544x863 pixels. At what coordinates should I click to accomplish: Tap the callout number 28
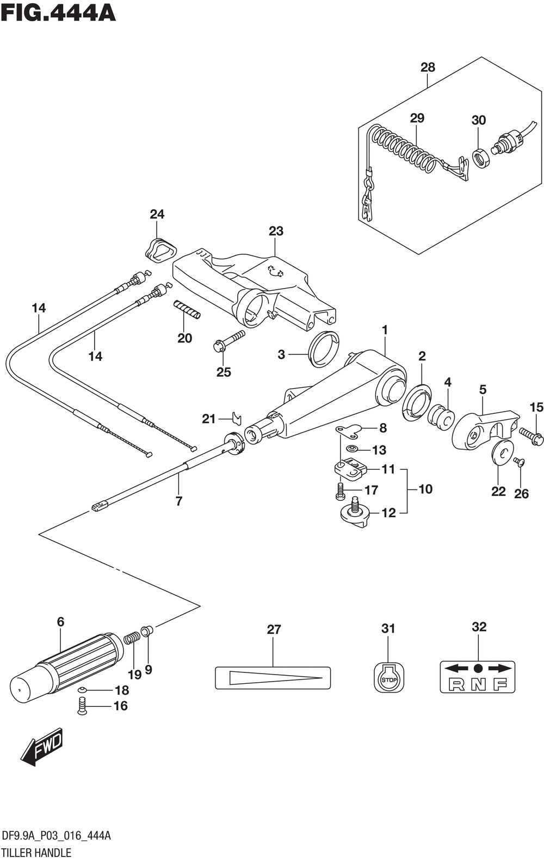click(428, 68)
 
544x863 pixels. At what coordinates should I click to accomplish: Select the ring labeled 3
click(323, 349)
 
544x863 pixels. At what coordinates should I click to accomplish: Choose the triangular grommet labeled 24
click(160, 251)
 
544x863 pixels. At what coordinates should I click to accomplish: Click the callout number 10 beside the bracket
click(425, 489)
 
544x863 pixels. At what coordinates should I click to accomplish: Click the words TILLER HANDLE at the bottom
click(36, 852)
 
